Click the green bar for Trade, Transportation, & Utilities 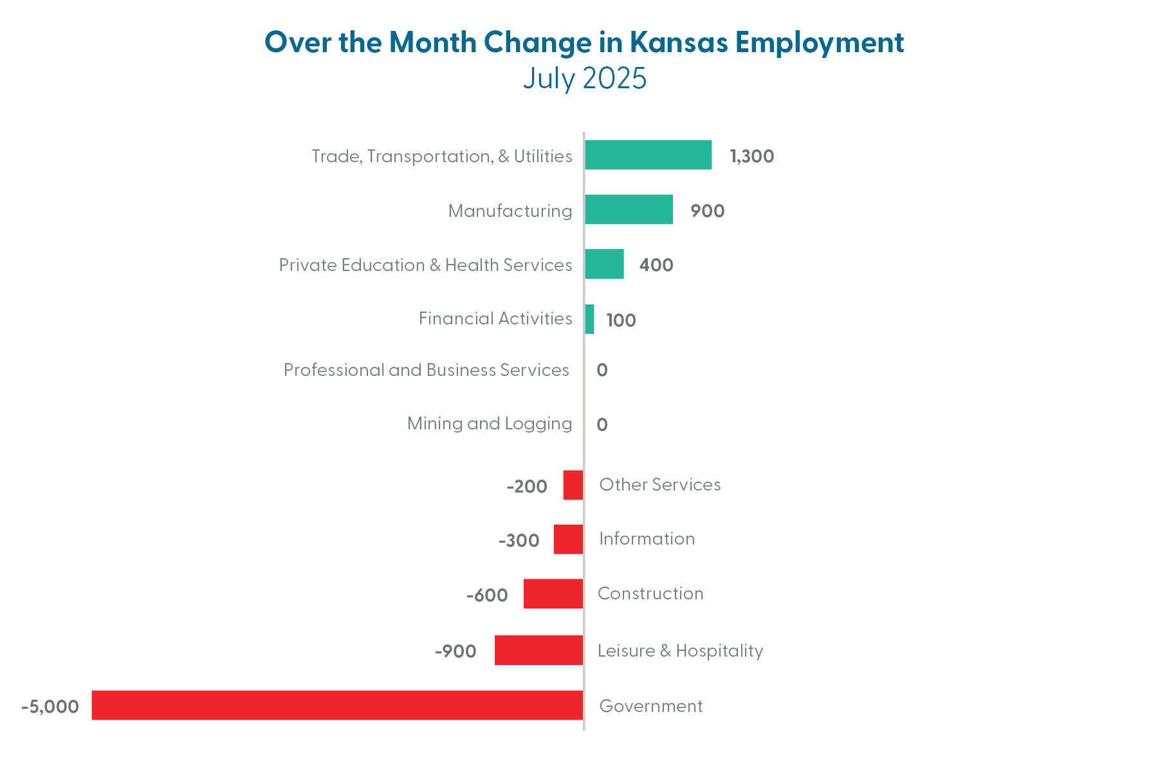(648, 155)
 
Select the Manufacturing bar (629, 210)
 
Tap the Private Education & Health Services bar (604, 264)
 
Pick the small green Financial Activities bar (589, 319)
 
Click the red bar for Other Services (573, 485)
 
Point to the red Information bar (569, 539)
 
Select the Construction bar (553, 594)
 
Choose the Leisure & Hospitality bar (539, 650)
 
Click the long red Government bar (337, 706)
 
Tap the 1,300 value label (751, 156)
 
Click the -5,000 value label (50, 707)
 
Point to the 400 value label (656, 265)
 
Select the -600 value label (487, 595)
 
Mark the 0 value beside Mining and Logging (602, 425)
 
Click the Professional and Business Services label (426, 370)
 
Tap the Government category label (650, 706)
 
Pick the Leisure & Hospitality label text (680, 651)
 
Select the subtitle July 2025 (584, 79)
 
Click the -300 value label (519, 541)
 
